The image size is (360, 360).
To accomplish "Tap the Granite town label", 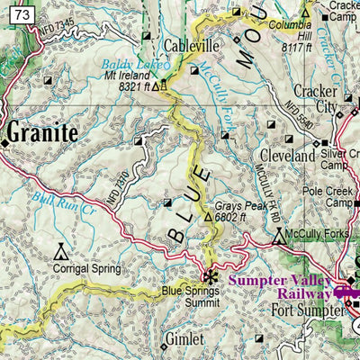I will (x=43, y=133).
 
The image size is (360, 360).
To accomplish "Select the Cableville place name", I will (x=192, y=46).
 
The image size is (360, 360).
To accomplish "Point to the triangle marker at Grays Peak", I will (x=209, y=217).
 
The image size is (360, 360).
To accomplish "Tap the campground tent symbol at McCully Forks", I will (x=277, y=237).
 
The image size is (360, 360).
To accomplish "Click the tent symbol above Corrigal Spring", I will (x=60, y=248).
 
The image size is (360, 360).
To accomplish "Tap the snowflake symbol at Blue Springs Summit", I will (x=211, y=276).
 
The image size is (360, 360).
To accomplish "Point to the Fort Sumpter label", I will (x=307, y=312).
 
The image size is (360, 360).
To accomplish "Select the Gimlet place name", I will (x=184, y=339).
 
